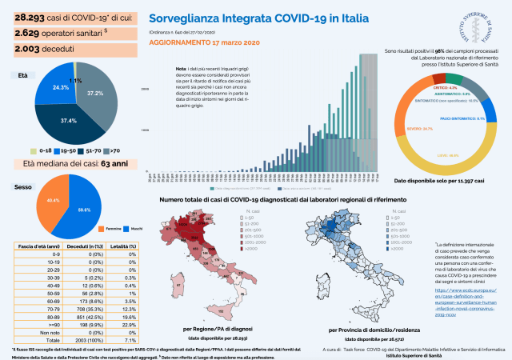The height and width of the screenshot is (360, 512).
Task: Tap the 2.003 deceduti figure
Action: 29,50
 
